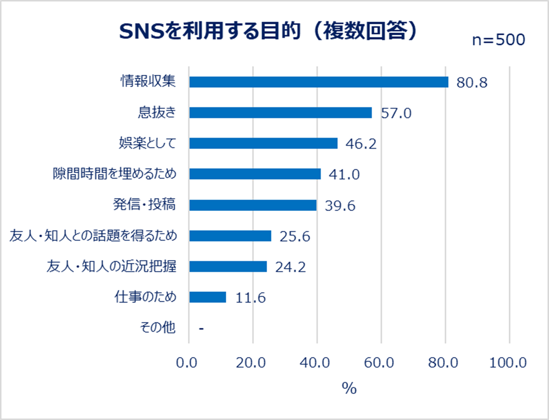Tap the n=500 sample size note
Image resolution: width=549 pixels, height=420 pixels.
coord(498,40)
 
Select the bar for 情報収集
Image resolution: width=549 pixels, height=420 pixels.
coord(319,82)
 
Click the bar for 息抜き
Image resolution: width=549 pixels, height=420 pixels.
coord(280,113)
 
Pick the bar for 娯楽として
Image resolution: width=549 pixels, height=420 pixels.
coord(263,143)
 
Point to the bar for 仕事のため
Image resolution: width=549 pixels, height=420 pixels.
coord(208,297)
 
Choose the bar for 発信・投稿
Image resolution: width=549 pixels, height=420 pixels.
coord(253,205)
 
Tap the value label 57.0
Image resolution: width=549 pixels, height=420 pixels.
coord(396,113)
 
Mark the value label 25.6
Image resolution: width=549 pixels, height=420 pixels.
coord(295,236)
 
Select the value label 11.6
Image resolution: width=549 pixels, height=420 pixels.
coord(251,298)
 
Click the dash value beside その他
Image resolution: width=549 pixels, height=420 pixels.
coord(201,328)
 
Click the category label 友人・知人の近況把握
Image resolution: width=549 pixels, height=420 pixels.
coord(111,267)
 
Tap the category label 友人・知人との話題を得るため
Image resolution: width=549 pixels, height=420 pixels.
coord(93,236)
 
